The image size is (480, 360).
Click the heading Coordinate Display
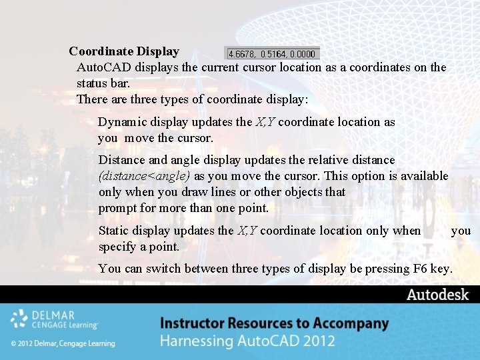[124, 51]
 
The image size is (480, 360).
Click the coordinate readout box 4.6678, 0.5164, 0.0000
[273, 53]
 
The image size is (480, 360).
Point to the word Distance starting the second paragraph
[122, 160]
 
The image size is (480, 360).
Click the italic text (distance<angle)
[144, 176]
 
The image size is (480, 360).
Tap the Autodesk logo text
[437, 295]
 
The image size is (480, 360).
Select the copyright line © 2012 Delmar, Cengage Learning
[63, 343]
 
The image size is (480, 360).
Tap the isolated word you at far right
[461, 231]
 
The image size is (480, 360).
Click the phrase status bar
[103, 83]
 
